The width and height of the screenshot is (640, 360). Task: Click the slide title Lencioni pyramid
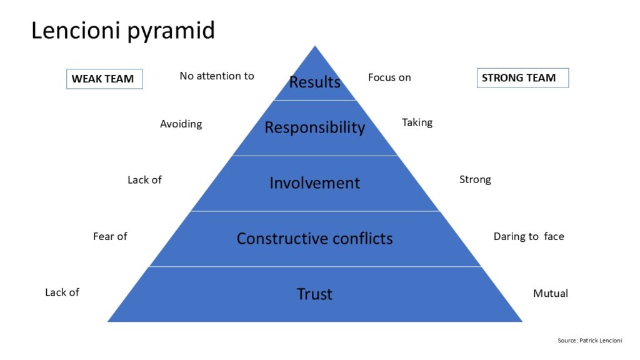(123, 30)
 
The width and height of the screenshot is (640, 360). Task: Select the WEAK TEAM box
(104, 79)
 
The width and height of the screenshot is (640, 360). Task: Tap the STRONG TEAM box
(522, 78)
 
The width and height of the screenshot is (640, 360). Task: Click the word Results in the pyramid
(314, 82)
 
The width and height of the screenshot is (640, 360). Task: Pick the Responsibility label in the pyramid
(314, 127)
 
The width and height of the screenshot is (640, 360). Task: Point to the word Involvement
(314, 183)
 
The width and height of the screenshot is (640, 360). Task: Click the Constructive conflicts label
(314, 238)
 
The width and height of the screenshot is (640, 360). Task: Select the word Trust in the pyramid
(314, 294)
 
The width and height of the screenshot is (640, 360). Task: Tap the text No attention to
(217, 76)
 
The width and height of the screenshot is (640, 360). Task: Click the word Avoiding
(181, 124)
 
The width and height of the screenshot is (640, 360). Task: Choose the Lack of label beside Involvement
(144, 180)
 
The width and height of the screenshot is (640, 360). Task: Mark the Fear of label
(110, 236)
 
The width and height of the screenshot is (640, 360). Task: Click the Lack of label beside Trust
(62, 292)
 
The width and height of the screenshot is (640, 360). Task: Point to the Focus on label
(389, 77)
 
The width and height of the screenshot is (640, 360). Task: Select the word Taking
(417, 122)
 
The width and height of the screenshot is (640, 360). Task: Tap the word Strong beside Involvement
(475, 180)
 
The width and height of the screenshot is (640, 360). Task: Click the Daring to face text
(529, 236)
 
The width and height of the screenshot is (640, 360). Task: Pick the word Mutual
(550, 293)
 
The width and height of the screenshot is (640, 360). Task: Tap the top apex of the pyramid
(315, 47)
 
